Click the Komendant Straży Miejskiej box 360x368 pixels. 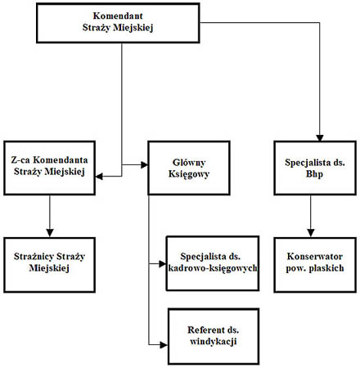pos(118,23)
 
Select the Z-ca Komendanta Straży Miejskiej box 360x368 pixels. pos(49,168)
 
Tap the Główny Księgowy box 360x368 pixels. pos(189,168)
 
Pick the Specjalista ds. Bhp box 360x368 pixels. pos(315,168)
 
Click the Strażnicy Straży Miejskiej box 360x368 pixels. pos(49,265)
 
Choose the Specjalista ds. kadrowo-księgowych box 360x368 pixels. pos(213,263)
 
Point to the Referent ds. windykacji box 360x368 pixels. pos(214,336)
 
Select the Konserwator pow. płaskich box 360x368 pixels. pos(315,265)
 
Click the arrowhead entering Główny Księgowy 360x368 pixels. pos(144,164)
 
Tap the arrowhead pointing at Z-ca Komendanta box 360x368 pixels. pos(99,177)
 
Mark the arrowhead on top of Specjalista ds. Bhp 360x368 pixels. pos(320,137)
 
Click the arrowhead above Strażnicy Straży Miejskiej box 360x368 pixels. pos(50,233)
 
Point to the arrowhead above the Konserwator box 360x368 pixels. pos(311,233)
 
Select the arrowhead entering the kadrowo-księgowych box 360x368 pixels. pos(162,263)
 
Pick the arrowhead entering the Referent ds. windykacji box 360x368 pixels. pos(164,345)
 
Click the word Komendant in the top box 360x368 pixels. pos(118,16)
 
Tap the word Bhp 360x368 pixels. pos(314,174)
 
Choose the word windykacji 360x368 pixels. pos(214,341)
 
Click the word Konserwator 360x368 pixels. pos(315,257)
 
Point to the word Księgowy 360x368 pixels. pos(189,174)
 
